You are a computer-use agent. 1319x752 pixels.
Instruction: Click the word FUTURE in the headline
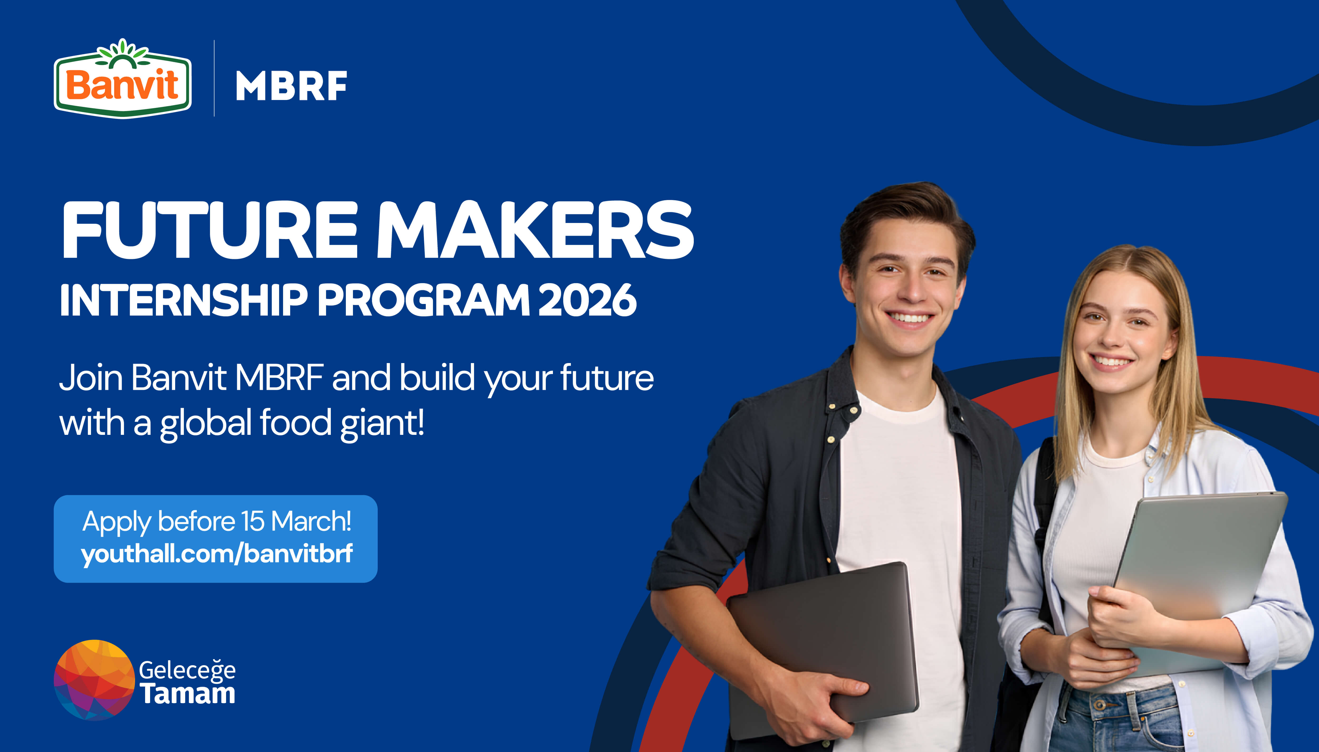tap(209, 230)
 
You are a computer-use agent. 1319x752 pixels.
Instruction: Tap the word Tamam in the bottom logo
tap(188, 694)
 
